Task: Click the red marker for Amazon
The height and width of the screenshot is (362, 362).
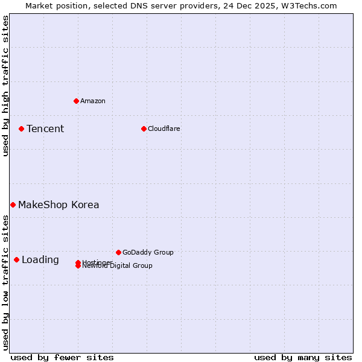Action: (x=76, y=101)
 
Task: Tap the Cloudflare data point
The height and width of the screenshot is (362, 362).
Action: (x=144, y=129)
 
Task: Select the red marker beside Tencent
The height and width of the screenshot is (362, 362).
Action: (x=21, y=129)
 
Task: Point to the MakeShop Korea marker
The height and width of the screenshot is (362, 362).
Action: (x=13, y=205)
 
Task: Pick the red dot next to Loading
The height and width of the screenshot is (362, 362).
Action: (x=16, y=259)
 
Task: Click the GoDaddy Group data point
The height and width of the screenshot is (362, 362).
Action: (x=118, y=252)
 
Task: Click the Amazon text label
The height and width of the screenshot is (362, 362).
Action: (x=93, y=101)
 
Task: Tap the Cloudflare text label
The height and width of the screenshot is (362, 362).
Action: (x=164, y=129)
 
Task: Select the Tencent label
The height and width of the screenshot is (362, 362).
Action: (x=45, y=129)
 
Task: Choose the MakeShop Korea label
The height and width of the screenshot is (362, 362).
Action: (x=59, y=205)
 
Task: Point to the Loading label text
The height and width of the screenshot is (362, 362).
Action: (x=40, y=260)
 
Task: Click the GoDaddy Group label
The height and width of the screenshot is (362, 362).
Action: (x=148, y=252)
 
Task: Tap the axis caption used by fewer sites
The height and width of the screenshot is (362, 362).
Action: (x=62, y=357)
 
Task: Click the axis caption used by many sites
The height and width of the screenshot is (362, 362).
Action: (x=303, y=357)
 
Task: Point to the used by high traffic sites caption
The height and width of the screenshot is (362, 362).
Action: (x=5, y=86)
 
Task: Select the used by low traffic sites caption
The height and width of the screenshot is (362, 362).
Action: (x=5, y=282)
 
